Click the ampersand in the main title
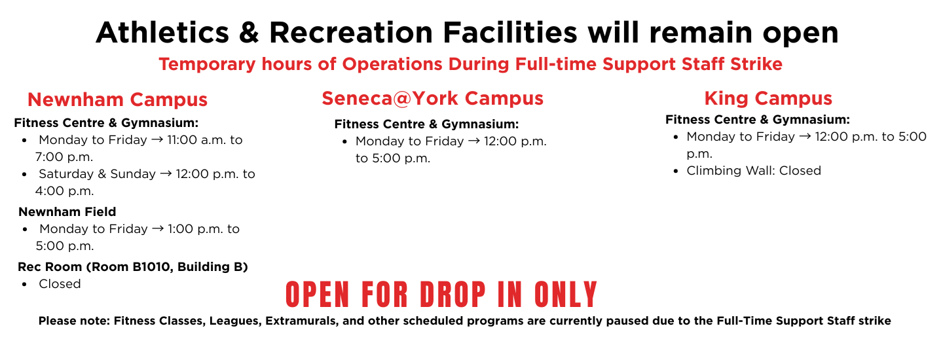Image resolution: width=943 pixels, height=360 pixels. pos(249,33)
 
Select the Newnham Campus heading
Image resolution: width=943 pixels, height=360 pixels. pos(117,99)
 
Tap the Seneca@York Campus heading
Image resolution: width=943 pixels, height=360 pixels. pos(432,99)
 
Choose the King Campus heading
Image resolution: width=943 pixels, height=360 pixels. pos(768,99)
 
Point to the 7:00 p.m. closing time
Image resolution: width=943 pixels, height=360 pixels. pos(64,157)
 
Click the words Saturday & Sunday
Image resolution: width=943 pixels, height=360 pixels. pos(97,173)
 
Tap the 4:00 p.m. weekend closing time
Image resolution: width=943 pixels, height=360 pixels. pos(64,191)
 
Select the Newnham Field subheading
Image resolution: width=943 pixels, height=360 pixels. pos(67,211)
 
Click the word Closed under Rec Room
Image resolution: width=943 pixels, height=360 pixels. pos(60,284)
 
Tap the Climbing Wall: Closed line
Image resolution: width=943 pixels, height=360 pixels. pos(754,171)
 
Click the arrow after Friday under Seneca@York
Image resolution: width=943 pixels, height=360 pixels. pos(474,141)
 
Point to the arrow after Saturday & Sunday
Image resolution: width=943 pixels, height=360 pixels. pos(166,174)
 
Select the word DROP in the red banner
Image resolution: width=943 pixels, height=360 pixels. pos(453,295)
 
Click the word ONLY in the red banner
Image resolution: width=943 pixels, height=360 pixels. pos(566,295)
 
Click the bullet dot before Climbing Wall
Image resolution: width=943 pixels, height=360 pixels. pos(676,171)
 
